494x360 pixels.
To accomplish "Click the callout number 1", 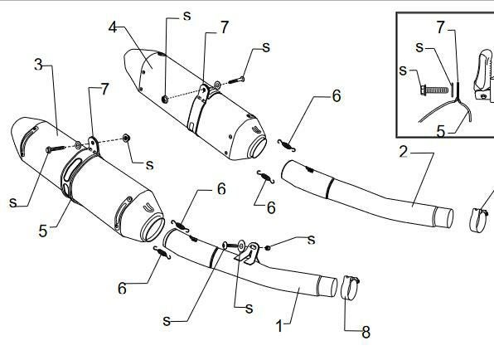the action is tap(279, 326).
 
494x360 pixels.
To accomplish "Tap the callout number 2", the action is tap(404, 152).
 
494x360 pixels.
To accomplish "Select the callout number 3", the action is tap(38, 65).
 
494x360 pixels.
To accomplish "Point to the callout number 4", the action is tap(113, 27).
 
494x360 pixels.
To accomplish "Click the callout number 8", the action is tap(366, 332).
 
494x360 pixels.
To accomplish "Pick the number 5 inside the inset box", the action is tap(441, 131).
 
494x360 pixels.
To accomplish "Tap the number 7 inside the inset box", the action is tap(441, 27).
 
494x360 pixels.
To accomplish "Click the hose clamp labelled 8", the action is tap(350, 287).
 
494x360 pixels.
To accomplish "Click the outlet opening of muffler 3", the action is tap(154, 227).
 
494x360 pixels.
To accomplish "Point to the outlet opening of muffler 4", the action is tap(258, 147).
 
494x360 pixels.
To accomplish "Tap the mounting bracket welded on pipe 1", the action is tap(249, 254).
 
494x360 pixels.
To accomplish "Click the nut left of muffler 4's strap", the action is tap(164, 100).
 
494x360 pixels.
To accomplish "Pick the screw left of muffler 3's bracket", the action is tap(56, 148).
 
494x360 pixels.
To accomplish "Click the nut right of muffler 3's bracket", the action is tap(127, 138).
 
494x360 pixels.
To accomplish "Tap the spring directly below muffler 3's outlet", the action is tap(162, 253).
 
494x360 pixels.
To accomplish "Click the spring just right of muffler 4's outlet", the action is tap(287, 145).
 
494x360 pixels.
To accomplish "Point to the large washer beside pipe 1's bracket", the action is tap(242, 246).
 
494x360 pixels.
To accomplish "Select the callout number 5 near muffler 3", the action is tap(43, 231).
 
